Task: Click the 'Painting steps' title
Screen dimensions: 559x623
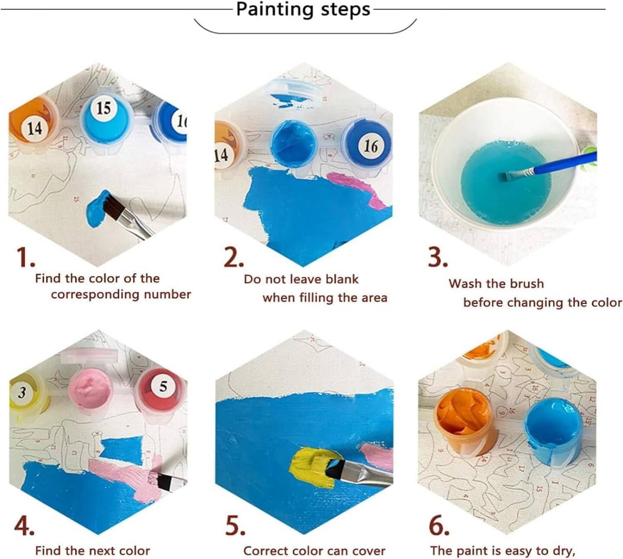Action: click(x=303, y=10)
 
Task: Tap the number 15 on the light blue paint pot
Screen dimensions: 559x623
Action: click(x=103, y=107)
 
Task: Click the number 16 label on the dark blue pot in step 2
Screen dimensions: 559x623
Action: click(x=370, y=146)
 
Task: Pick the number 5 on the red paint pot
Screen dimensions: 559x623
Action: click(x=163, y=386)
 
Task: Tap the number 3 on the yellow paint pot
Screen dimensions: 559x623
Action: click(x=22, y=393)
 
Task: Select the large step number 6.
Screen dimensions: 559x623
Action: click(x=439, y=526)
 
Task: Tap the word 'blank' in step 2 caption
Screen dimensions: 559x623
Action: click(x=342, y=279)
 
